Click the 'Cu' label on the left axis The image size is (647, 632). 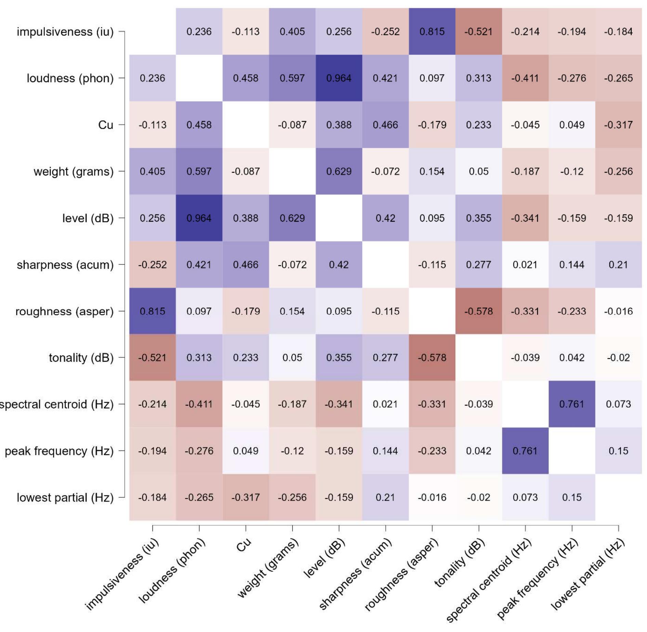(x=105, y=125)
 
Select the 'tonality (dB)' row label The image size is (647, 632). (x=81, y=358)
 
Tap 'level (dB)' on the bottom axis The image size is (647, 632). (x=324, y=558)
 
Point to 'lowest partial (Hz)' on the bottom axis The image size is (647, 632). (x=587, y=574)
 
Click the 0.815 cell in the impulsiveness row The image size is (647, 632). (x=432, y=31)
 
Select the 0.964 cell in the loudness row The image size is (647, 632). (x=339, y=78)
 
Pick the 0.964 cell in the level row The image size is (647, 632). (x=199, y=218)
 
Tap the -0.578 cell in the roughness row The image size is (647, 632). (x=478, y=311)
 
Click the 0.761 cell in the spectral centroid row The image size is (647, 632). (x=572, y=404)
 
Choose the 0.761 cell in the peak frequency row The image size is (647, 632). (x=525, y=451)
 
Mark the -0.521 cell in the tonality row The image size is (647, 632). (x=152, y=358)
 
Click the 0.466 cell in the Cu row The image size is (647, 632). (x=385, y=125)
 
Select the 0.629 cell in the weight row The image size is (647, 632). (x=339, y=171)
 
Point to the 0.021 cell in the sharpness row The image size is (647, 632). (x=525, y=265)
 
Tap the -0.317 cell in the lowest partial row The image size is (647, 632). (x=246, y=497)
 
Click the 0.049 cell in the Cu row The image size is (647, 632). (x=572, y=125)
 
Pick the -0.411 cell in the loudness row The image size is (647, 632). (x=525, y=78)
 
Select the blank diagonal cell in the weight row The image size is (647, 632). (x=292, y=171)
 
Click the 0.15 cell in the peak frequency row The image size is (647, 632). (x=618, y=451)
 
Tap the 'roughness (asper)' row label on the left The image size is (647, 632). (x=64, y=311)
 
